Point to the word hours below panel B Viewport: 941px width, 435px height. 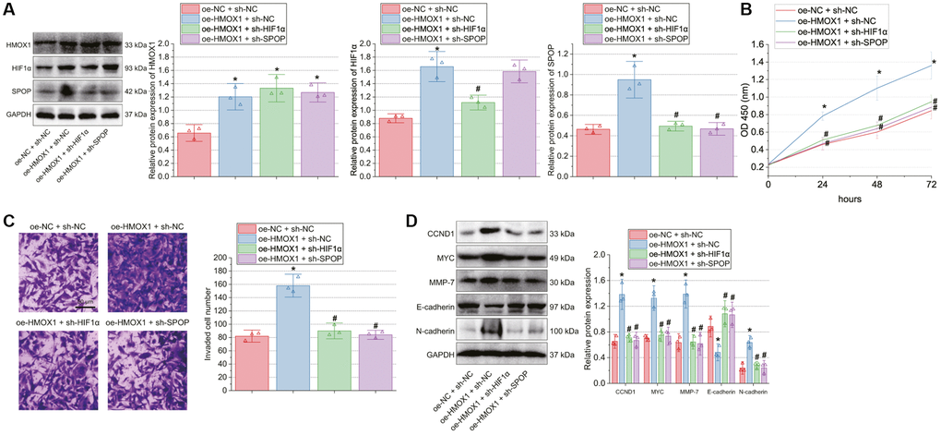click(852, 198)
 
